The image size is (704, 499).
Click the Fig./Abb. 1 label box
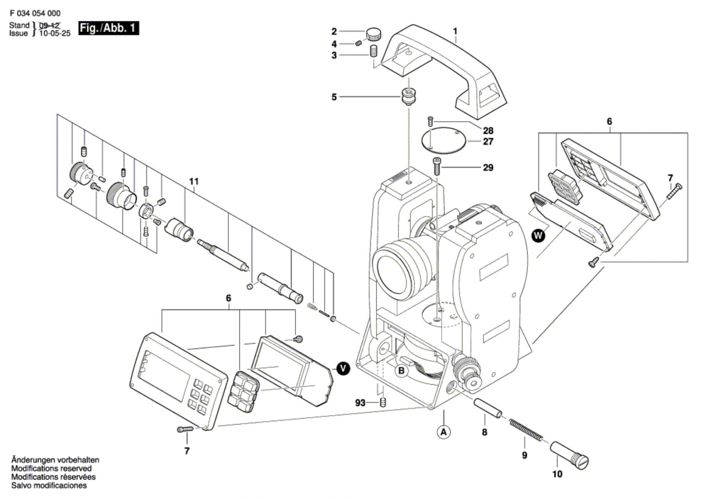(108, 28)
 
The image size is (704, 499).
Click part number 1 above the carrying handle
(455, 31)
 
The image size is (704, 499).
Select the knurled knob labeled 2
(374, 33)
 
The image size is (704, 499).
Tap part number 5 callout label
(334, 97)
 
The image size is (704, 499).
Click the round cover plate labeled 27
(443, 141)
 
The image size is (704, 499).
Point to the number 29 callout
(488, 168)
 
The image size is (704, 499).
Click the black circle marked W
(538, 236)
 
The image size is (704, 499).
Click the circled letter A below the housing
(444, 432)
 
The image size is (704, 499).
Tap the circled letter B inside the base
(401, 371)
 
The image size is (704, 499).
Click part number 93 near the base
(360, 403)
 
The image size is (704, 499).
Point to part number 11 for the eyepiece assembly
(194, 181)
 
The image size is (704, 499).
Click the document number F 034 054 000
(35, 13)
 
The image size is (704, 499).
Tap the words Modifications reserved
(51, 469)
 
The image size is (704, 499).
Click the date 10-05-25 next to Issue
(55, 33)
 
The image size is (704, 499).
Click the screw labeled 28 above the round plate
(431, 121)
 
